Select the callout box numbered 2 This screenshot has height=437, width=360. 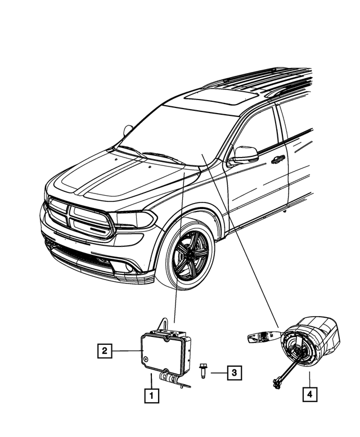point(103,352)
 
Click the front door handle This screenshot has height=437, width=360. point(278,160)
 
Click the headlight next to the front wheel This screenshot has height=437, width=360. point(133,219)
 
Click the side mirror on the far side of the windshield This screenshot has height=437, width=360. point(128,130)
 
